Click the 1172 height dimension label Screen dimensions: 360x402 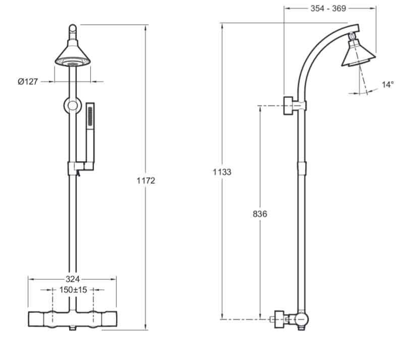tap(146, 181)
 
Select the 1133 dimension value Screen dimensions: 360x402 tap(221, 172)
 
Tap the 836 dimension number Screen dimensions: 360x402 tap(260, 214)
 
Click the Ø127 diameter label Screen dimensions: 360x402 tap(28, 81)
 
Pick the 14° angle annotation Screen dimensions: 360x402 tap(387, 85)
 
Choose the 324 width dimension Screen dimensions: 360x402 tap(73, 279)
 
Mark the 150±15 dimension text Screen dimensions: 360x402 tap(73, 290)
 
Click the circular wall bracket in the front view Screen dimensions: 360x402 tap(73, 106)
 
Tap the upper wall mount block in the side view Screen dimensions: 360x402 tap(289, 106)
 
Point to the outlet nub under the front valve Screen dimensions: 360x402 tap(73, 329)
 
